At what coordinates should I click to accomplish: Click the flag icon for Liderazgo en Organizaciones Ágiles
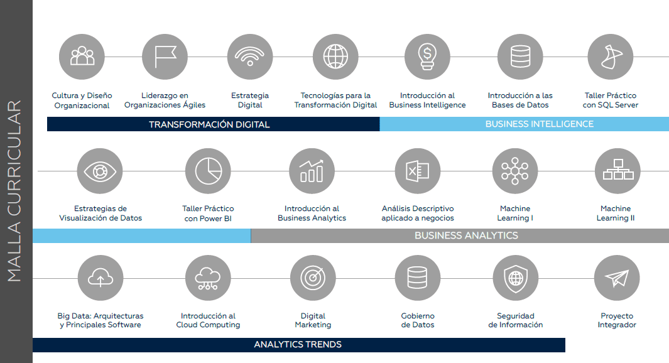(x=165, y=57)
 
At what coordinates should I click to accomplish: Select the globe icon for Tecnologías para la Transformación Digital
(x=335, y=57)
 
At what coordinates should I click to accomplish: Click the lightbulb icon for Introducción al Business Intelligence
(x=427, y=57)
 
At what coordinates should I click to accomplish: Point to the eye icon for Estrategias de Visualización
(x=100, y=171)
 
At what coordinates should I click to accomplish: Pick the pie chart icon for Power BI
(x=208, y=171)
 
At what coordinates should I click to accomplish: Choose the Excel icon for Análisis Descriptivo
(x=417, y=171)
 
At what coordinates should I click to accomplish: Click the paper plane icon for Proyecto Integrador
(x=617, y=278)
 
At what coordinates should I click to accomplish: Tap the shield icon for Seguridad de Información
(x=515, y=278)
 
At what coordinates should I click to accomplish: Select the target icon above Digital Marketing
(x=313, y=278)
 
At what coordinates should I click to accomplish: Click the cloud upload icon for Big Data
(x=101, y=278)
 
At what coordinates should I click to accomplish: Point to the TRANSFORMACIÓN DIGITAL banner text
(x=209, y=124)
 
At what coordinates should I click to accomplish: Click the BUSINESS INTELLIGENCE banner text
(x=540, y=124)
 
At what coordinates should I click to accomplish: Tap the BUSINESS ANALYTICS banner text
(x=466, y=236)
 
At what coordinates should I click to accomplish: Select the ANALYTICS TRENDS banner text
(x=298, y=345)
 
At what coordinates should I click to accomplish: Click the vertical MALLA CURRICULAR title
(x=14, y=191)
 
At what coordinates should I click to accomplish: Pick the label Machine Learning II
(x=615, y=214)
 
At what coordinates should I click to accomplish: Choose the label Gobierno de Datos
(x=418, y=320)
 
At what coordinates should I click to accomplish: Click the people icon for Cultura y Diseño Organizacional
(x=82, y=56)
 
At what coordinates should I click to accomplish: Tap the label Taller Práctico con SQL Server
(x=611, y=100)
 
